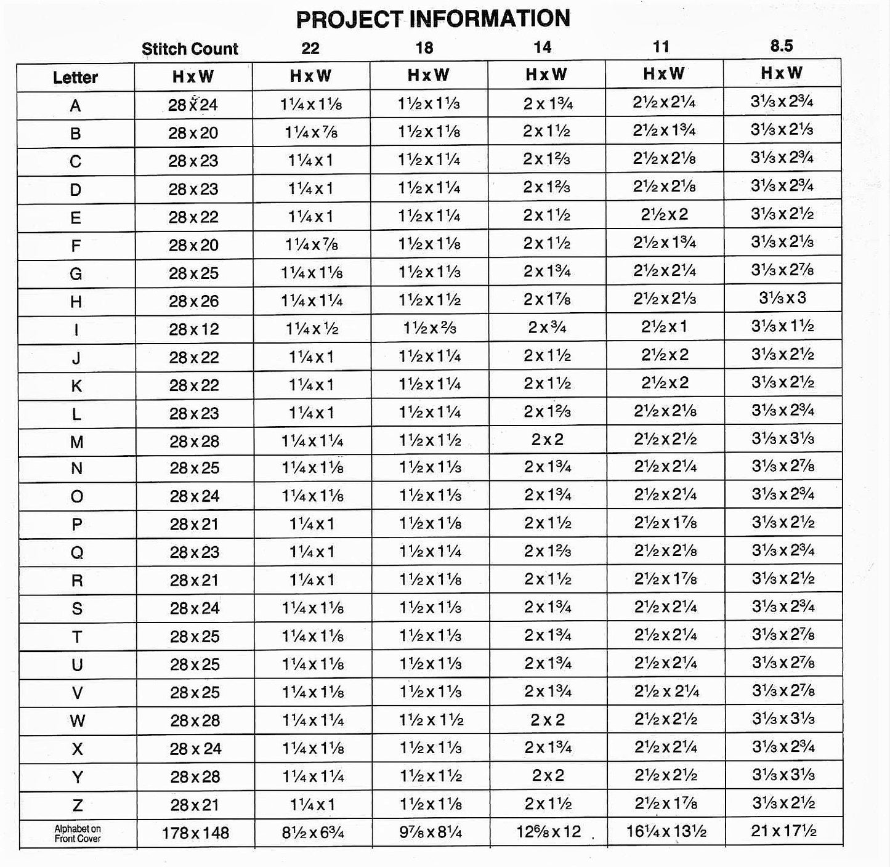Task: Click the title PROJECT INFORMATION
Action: (x=432, y=19)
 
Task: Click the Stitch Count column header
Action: (x=190, y=49)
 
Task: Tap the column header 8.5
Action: (x=781, y=46)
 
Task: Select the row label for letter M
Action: (x=76, y=442)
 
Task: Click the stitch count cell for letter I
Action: (x=194, y=329)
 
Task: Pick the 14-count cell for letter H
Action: (x=547, y=300)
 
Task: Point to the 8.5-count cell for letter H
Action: (x=782, y=299)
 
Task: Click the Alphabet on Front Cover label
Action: (x=78, y=834)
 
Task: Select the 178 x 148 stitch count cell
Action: (x=195, y=833)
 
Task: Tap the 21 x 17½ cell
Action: (x=783, y=831)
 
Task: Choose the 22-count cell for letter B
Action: (x=312, y=133)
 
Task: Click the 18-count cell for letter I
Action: (x=429, y=328)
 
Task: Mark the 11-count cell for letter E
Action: (x=665, y=215)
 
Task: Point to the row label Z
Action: (x=78, y=805)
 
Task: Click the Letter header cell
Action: (x=75, y=78)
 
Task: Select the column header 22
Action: (x=310, y=48)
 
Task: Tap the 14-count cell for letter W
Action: (x=548, y=720)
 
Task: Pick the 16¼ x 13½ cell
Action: (x=666, y=832)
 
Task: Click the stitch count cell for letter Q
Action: (x=195, y=552)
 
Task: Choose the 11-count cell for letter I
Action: (x=665, y=327)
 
